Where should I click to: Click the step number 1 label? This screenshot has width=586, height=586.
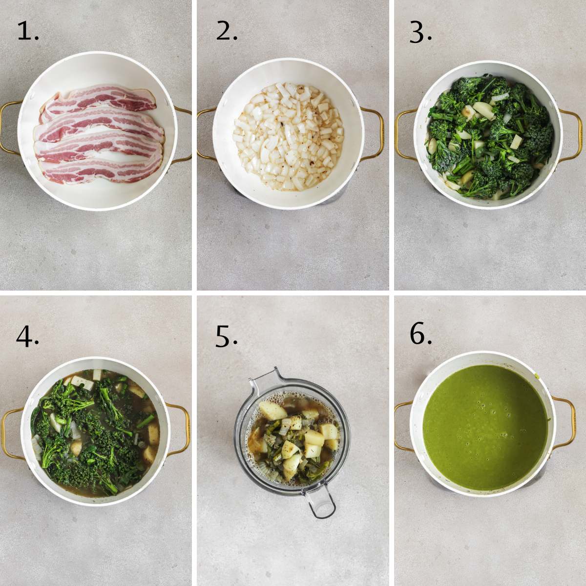click(x=27, y=32)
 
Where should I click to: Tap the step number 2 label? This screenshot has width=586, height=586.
click(x=227, y=32)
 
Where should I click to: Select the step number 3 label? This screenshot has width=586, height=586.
click(x=420, y=32)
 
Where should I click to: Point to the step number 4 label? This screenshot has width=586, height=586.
click(x=27, y=336)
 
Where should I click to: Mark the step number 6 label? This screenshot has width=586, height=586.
click(x=420, y=335)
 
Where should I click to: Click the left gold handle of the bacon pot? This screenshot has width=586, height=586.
click(x=10, y=130)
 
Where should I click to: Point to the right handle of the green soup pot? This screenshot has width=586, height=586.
click(x=566, y=423)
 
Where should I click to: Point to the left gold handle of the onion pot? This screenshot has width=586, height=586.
click(x=205, y=134)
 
